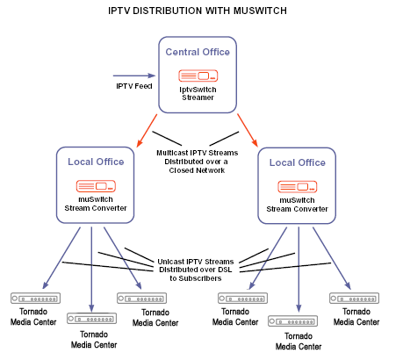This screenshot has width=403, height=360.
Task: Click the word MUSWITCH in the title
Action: pyautogui.click(x=260, y=11)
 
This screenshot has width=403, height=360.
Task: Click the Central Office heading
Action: pyautogui.click(x=198, y=52)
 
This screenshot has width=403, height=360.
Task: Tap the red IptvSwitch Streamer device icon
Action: pyautogui.click(x=198, y=76)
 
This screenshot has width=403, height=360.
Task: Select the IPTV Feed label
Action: pyautogui.click(x=134, y=86)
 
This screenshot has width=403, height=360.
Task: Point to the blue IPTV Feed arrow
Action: pyautogui.click(x=134, y=76)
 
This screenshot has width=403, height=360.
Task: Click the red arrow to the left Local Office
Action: pyautogui.click(x=147, y=130)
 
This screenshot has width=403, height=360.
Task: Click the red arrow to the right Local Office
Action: pyautogui.click(x=248, y=130)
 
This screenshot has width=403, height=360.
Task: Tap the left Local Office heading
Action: pyautogui.click(x=96, y=162)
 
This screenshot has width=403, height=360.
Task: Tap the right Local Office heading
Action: pyautogui.click(x=298, y=162)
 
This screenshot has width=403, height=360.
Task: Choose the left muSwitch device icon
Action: pyautogui.click(x=96, y=186)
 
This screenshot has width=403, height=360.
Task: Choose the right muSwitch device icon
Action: pyautogui.click(x=298, y=187)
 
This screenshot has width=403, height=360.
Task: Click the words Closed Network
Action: pyautogui.click(x=197, y=170)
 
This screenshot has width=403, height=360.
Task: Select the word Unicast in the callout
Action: pyautogui.click(x=170, y=262)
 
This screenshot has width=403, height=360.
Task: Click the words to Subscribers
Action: pyautogui.click(x=196, y=278)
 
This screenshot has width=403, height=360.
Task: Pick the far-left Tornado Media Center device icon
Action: pyautogui.click(x=35, y=299)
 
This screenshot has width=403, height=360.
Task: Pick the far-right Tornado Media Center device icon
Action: pyautogui.click(x=354, y=299)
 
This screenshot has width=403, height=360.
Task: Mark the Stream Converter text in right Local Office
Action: pyautogui.click(x=297, y=209)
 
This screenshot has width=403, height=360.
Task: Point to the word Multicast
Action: pyautogui.click(x=172, y=153)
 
